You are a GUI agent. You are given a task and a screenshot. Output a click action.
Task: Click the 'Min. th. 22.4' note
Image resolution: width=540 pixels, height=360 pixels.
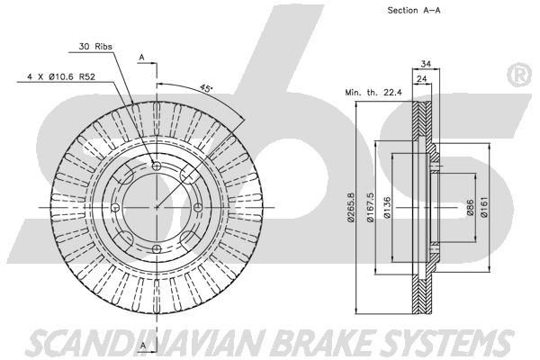(372, 92)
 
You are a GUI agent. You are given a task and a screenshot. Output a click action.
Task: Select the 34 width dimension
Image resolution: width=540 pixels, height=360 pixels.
(427, 63)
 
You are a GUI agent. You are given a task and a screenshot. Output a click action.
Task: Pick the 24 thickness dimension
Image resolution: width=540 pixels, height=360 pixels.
(421, 77)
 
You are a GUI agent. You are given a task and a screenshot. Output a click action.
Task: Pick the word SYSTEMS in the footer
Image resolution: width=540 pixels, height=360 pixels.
(434, 341)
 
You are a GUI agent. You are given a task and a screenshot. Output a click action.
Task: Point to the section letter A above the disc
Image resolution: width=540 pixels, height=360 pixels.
(141, 58)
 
